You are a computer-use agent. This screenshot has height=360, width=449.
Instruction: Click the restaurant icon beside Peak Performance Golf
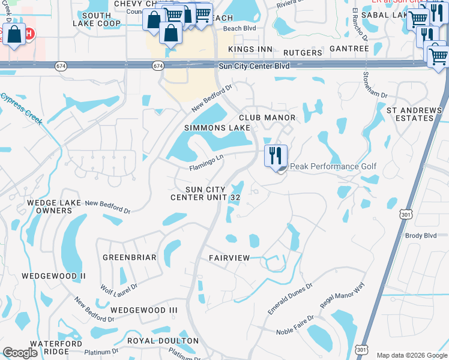276,156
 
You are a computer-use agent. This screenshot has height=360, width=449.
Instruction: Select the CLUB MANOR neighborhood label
268,118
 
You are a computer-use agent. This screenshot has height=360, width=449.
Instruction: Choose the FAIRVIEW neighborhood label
229,257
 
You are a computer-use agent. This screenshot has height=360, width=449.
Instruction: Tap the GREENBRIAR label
129,257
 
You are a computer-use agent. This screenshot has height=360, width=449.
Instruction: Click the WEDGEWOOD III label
144,310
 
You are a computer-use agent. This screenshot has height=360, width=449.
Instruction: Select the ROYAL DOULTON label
163,341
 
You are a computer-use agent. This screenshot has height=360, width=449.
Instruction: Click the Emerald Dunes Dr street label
290,299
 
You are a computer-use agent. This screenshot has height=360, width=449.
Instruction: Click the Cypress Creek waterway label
22,108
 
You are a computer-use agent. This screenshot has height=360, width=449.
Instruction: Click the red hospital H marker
28,34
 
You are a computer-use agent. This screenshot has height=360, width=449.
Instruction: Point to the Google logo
20,353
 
